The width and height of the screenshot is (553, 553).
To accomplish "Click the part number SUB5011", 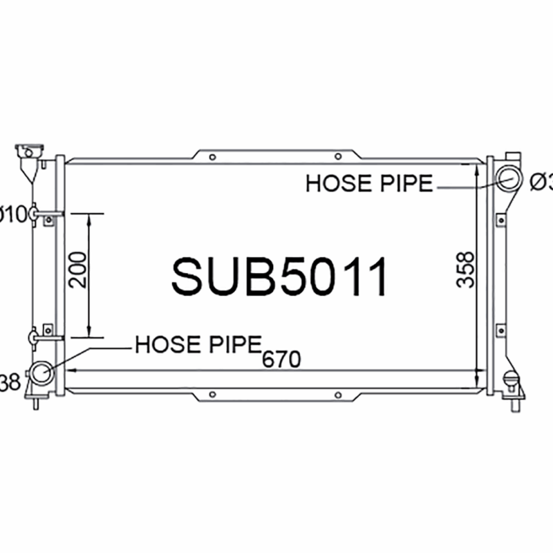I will click(280, 277).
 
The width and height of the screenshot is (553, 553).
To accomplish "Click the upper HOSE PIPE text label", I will click(369, 184).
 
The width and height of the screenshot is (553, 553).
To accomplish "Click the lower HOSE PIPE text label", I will click(198, 344).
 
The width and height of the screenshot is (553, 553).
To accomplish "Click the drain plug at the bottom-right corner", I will click(512, 380).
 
